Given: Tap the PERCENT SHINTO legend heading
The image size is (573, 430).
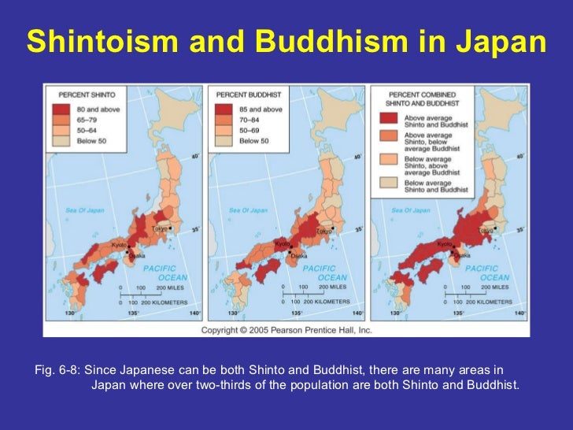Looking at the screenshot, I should tap(86, 93).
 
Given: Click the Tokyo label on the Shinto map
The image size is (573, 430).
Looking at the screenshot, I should tap(160, 229).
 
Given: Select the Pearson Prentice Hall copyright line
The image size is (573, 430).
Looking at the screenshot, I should tap(286, 331).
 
